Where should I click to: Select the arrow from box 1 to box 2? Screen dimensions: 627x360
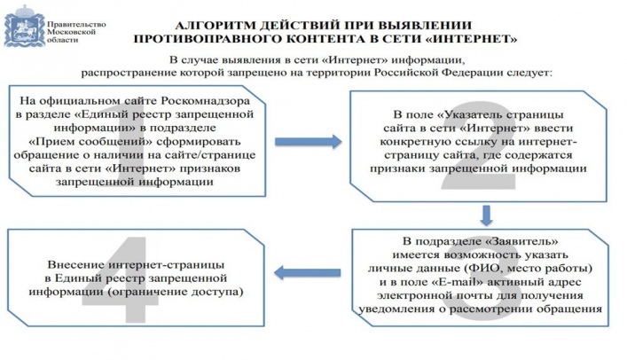(x=309, y=141)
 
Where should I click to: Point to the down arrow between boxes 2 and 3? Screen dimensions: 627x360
(x=486, y=215)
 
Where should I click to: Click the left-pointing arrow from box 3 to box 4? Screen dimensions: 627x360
(x=307, y=273)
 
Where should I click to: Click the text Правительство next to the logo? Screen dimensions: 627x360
(x=76, y=25)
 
